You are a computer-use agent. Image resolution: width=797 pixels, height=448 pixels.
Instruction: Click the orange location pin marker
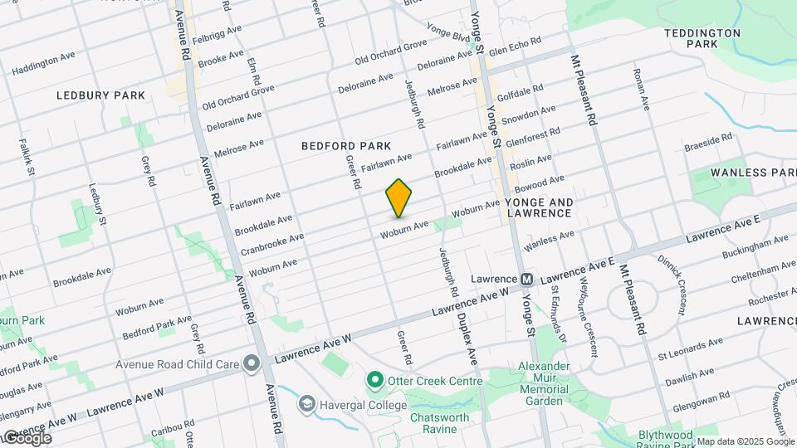pyautogui.click(x=399, y=198)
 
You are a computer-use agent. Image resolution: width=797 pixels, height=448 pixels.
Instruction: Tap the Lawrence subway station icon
pyautogui.click(x=526, y=280)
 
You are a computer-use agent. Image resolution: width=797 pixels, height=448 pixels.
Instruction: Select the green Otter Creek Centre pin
pyautogui.click(x=374, y=381)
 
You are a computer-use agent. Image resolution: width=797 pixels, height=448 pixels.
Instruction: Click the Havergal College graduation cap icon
pyautogui.click(x=306, y=404)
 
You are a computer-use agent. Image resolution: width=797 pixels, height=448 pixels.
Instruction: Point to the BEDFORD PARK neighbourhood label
pyautogui.click(x=346, y=146)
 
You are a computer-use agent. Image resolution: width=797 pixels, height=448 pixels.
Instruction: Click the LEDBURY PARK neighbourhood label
pyautogui.click(x=100, y=95)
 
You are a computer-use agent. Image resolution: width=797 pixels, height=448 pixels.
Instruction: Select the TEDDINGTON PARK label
pyautogui.click(x=702, y=38)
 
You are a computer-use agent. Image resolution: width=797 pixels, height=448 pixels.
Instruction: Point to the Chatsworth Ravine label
pyautogui.click(x=439, y=423)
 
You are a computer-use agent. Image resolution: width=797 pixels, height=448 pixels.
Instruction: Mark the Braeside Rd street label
pyautogui.click(x=708, y=142)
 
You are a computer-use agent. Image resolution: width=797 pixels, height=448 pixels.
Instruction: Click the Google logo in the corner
pyautogui.click(x=27, y=438)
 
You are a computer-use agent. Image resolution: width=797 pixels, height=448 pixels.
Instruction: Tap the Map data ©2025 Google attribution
pyautogui.click(x=745, y=441)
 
